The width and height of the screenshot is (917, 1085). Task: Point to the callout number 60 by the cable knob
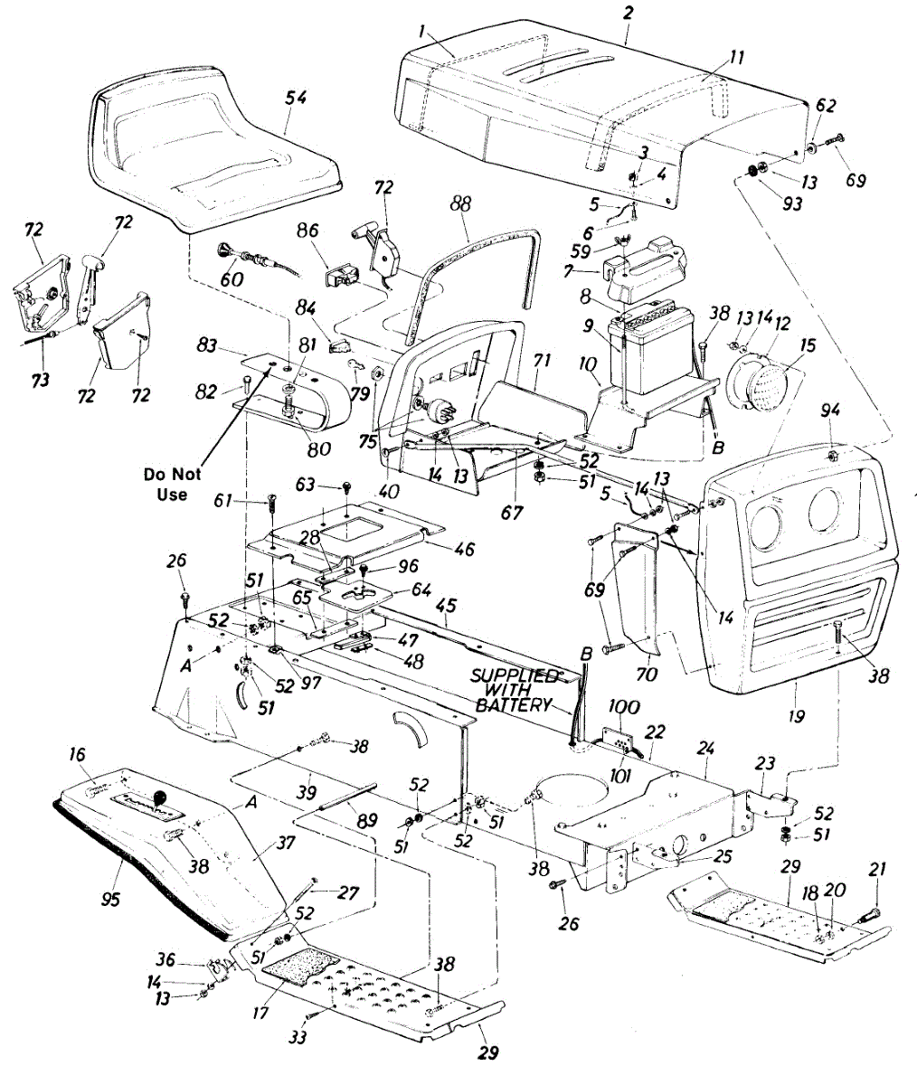[232, 279]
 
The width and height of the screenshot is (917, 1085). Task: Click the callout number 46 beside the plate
[462, 549]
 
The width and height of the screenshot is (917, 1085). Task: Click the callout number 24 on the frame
[706, 748]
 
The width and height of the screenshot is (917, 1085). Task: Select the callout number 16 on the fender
[77, 752]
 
